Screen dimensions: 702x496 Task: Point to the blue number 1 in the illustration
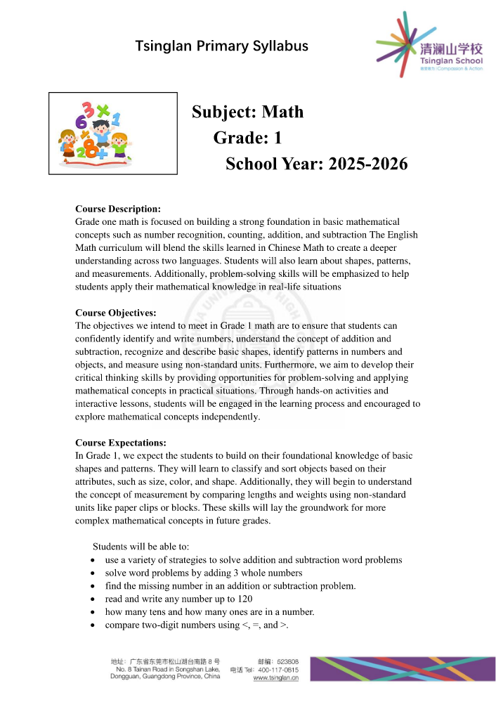(116, 118)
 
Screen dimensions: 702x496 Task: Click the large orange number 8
(91, 150)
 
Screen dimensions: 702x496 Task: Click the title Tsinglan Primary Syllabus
(222, 46)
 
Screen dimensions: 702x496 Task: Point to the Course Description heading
(118, 209)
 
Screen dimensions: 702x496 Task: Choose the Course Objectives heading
(116, 313)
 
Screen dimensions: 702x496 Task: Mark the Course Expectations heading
(121, 443)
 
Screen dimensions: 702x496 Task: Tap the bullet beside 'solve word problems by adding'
(93, 573)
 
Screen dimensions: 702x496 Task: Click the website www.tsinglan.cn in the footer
(275, 678)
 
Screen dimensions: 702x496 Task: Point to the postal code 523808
(288, 661)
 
